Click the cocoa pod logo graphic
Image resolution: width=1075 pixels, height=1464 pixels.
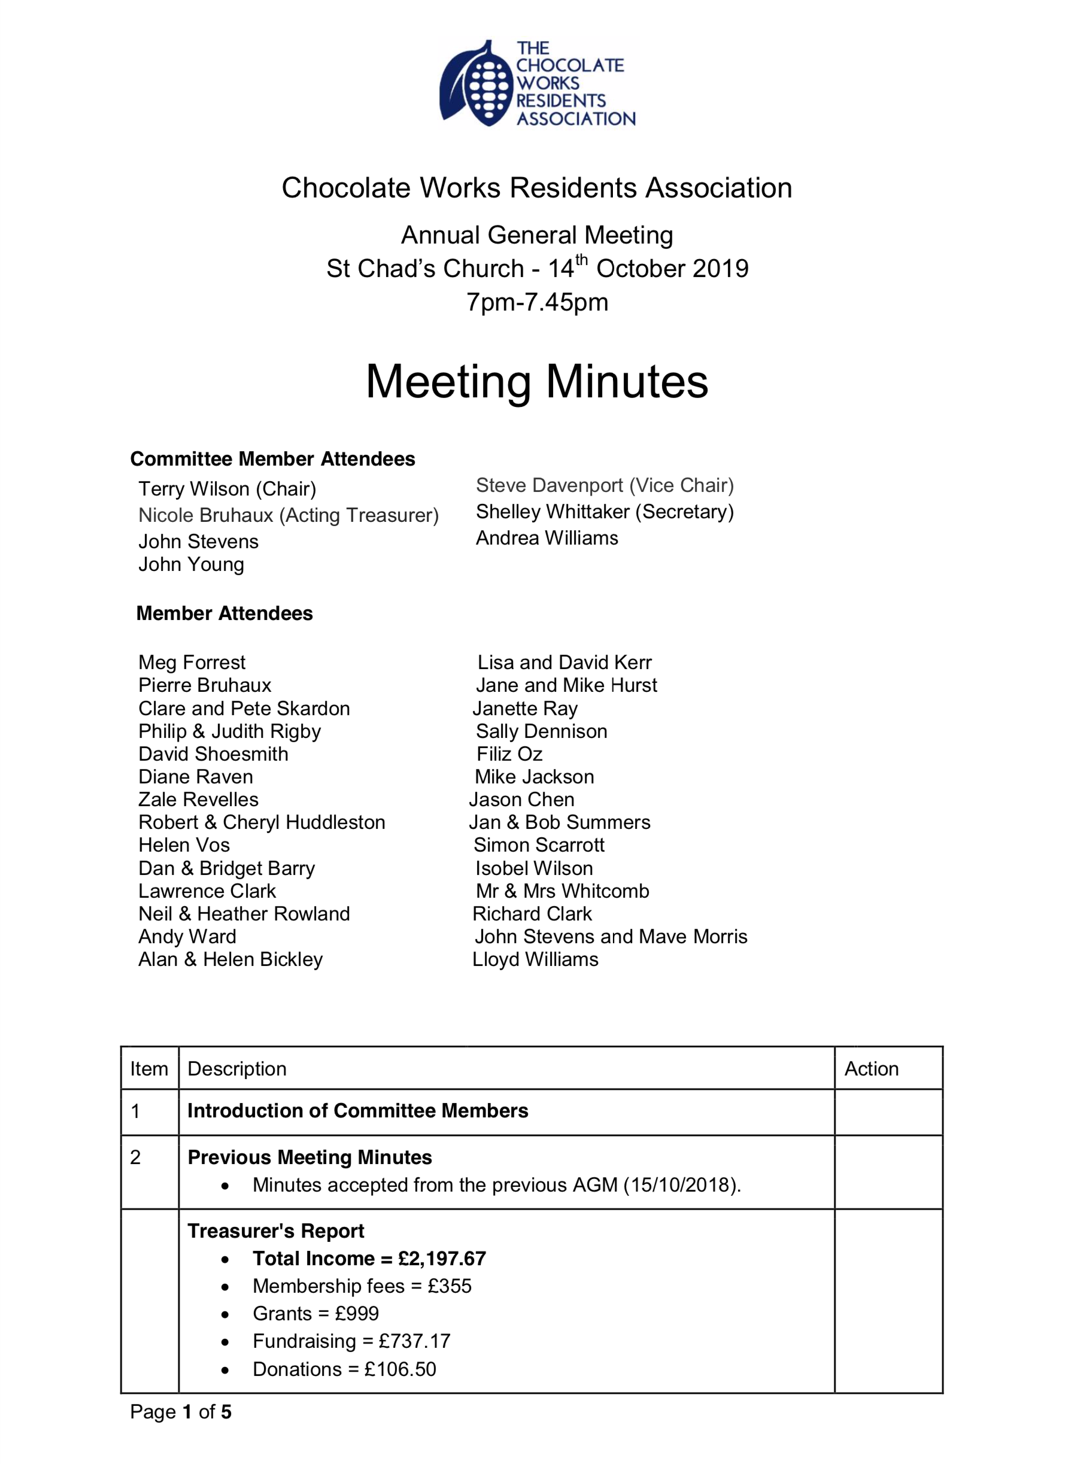pos(476,84)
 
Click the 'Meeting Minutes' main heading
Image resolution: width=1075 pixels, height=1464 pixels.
pos(537,381)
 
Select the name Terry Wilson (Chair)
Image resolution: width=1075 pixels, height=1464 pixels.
pos(227,488)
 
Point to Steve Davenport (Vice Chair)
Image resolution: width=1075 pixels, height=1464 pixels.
pos(605,485)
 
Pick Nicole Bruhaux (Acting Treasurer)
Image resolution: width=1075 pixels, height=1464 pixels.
pos(289,515)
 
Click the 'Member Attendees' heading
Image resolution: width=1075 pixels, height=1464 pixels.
pos(224,613)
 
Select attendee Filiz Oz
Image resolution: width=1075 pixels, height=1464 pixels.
pos(509,754)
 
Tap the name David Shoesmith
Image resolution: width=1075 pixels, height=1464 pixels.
pos(214,754)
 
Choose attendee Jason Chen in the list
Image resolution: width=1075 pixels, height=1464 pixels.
pos(522,800)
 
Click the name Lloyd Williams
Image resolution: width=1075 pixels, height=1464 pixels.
pos(536,959)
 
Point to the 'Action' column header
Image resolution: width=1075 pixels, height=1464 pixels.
pos(871,1069)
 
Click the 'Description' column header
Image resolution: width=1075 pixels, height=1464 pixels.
pos(237,1069)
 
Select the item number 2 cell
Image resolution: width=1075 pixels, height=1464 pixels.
pos(135,1158)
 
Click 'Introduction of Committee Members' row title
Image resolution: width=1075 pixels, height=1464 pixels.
pos(357,1111)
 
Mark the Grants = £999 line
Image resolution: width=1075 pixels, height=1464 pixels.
pos(315,1314)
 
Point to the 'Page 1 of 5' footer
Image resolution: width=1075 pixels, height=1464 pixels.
pos(181,1412)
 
